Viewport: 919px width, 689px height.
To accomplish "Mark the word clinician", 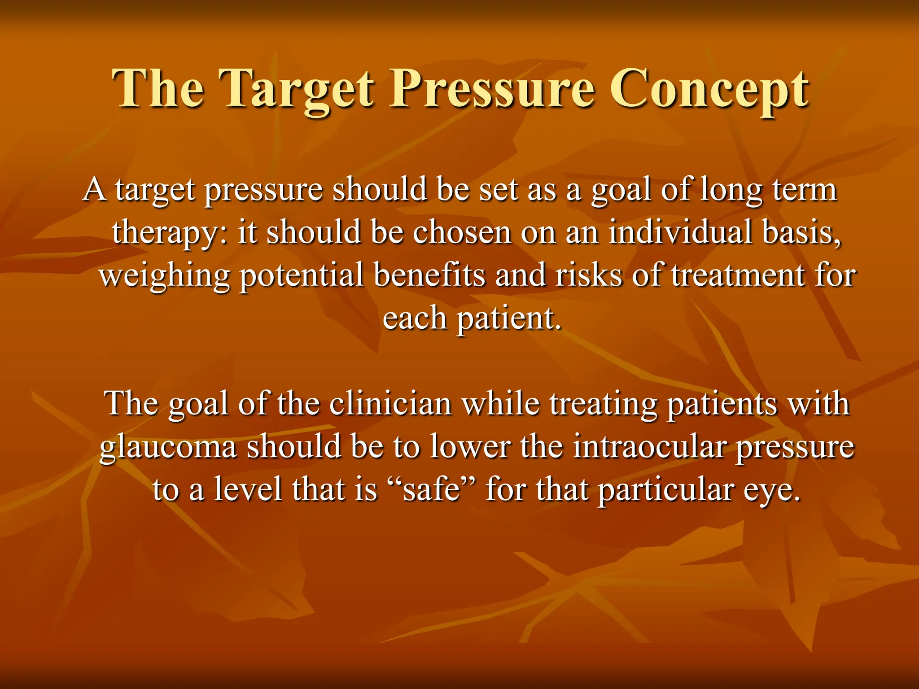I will pos(390,404).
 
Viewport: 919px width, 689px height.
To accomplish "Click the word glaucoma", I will pos(168,448).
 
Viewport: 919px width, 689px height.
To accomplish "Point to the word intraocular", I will pos(649,447).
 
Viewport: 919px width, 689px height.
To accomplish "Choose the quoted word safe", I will pos(432,489).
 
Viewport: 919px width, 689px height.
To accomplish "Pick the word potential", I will pos(301,276).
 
